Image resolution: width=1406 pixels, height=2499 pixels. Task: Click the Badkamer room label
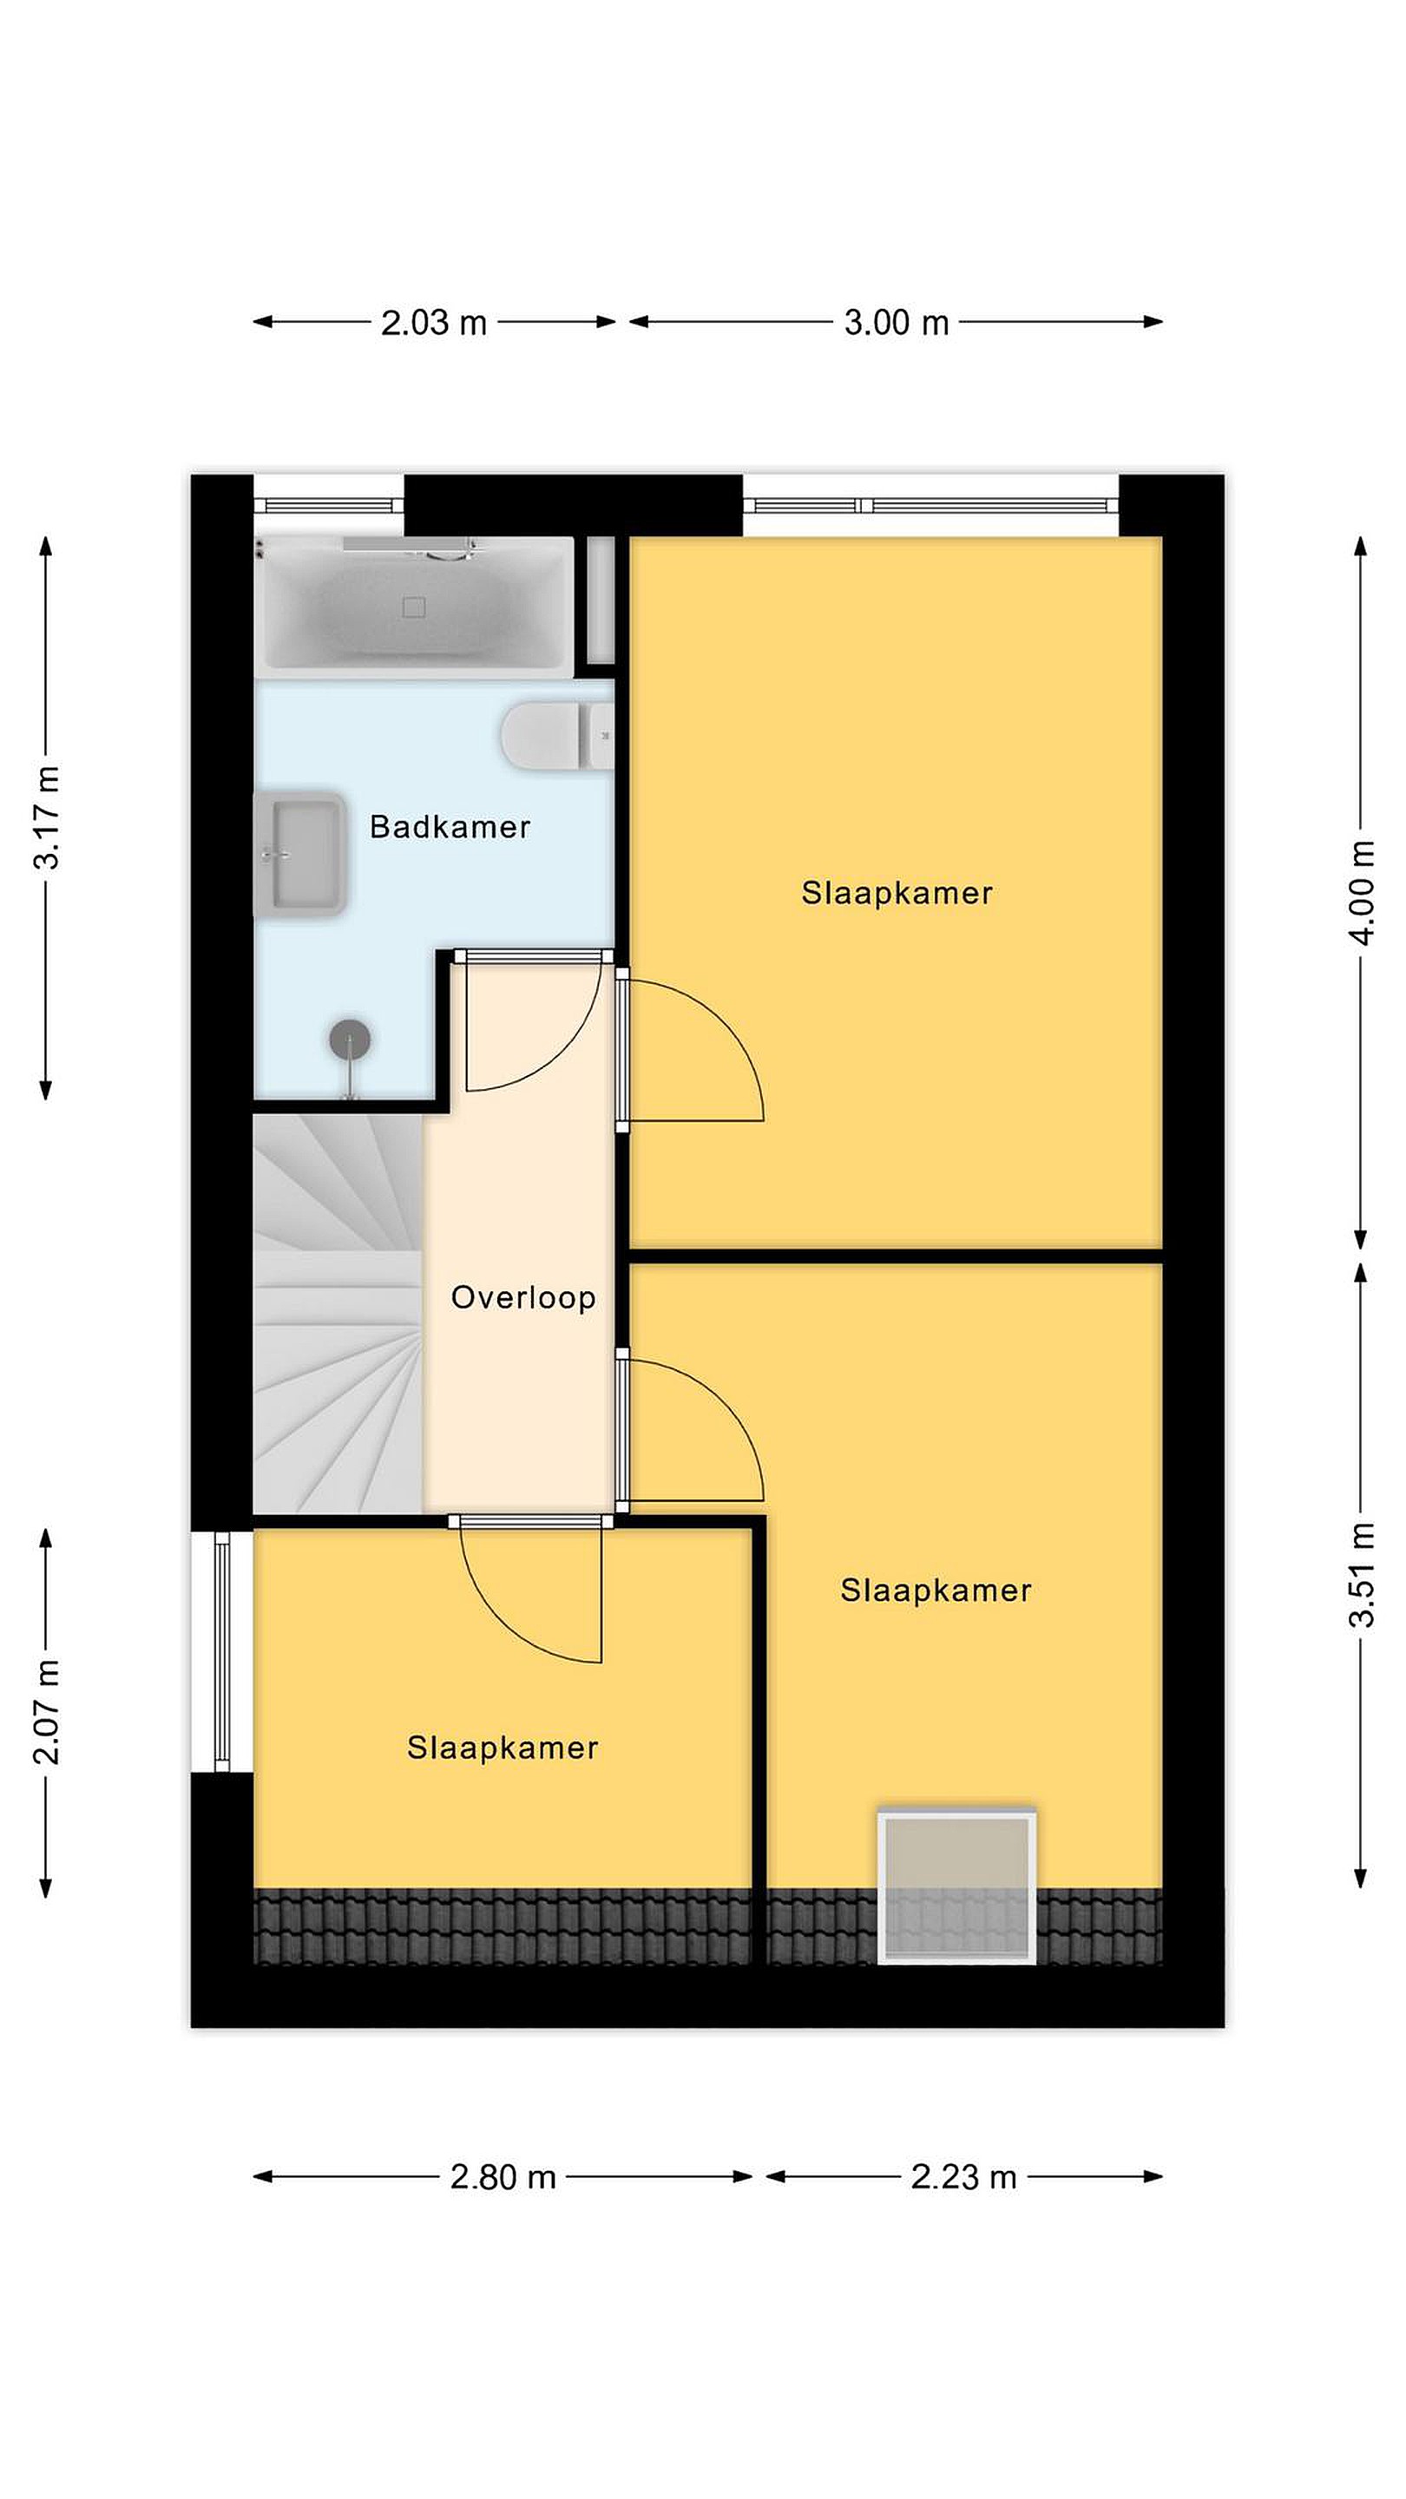coord(450,827)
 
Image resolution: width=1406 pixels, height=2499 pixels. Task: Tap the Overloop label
coord(523,1298)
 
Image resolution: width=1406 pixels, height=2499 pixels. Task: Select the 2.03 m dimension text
coord(433,322)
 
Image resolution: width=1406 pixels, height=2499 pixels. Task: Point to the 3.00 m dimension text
coord(896,322)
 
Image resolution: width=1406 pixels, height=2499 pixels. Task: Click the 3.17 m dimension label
coord(47,817)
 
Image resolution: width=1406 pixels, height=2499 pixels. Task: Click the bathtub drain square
coord(413,607)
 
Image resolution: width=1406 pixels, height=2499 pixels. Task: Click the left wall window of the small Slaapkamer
coord(222,1651)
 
